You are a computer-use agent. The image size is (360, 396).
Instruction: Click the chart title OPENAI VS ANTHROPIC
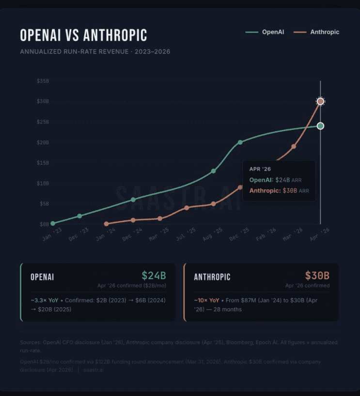pos(83,35)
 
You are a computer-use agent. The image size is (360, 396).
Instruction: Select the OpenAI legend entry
pos(265,32)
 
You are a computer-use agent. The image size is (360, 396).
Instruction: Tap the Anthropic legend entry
pos(318,32)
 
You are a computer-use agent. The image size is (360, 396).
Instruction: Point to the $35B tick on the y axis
pos(43,81)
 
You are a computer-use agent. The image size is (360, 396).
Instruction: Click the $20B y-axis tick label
pos(43,143)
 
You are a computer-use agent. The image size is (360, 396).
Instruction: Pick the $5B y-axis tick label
pos(44,204)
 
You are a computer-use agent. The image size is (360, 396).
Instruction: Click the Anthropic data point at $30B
pos(320,101)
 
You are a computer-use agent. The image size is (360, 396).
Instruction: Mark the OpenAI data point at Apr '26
pos(320,126)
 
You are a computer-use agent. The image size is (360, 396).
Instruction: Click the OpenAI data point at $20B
pos(240,143)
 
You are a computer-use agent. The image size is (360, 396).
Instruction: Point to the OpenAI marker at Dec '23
pos(79,216)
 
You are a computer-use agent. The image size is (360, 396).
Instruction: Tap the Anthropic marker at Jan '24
pos(106,224)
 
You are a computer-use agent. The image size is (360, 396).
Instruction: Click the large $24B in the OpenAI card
pos(154,276)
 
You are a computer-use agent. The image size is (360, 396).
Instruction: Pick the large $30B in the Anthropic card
pos(317,276)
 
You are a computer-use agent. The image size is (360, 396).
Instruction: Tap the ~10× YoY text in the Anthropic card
pos(207,300)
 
